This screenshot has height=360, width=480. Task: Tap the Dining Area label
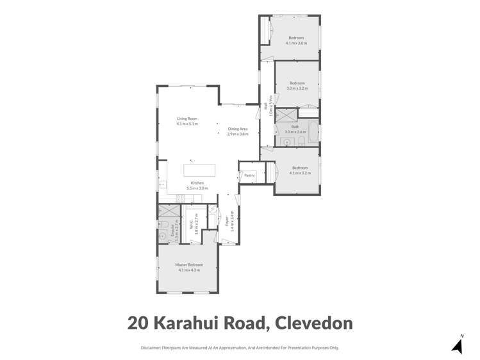[x=238, y=129]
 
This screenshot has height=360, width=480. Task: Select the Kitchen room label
[x=197, y=183]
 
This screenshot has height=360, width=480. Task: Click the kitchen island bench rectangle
[x=199, y=170]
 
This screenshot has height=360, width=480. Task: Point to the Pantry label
[x=249, y=174]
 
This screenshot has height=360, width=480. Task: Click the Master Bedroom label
[x=189, y=265]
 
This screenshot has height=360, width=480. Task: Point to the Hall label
[x=267, y=106]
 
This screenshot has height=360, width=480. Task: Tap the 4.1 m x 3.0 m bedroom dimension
[x=296, y=43]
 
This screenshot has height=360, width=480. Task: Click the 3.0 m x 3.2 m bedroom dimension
[x=297, y=88]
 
